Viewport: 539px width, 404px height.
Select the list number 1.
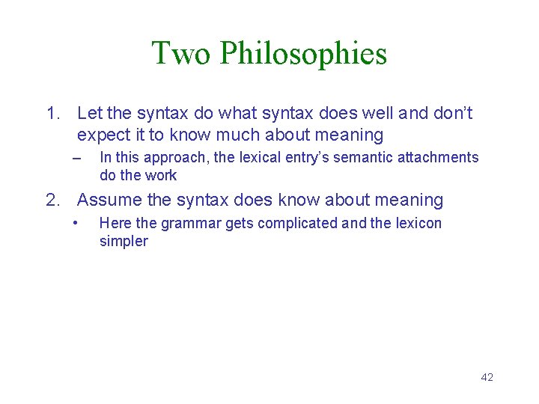[x=52, y=114]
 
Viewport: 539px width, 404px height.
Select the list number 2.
[x=52, y=201]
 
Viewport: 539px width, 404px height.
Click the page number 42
[x=487, y=377]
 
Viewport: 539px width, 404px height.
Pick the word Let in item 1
[x=89, y=114]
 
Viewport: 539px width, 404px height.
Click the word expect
[x=101, y=135]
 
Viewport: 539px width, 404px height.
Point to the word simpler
[x=124, y=242]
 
